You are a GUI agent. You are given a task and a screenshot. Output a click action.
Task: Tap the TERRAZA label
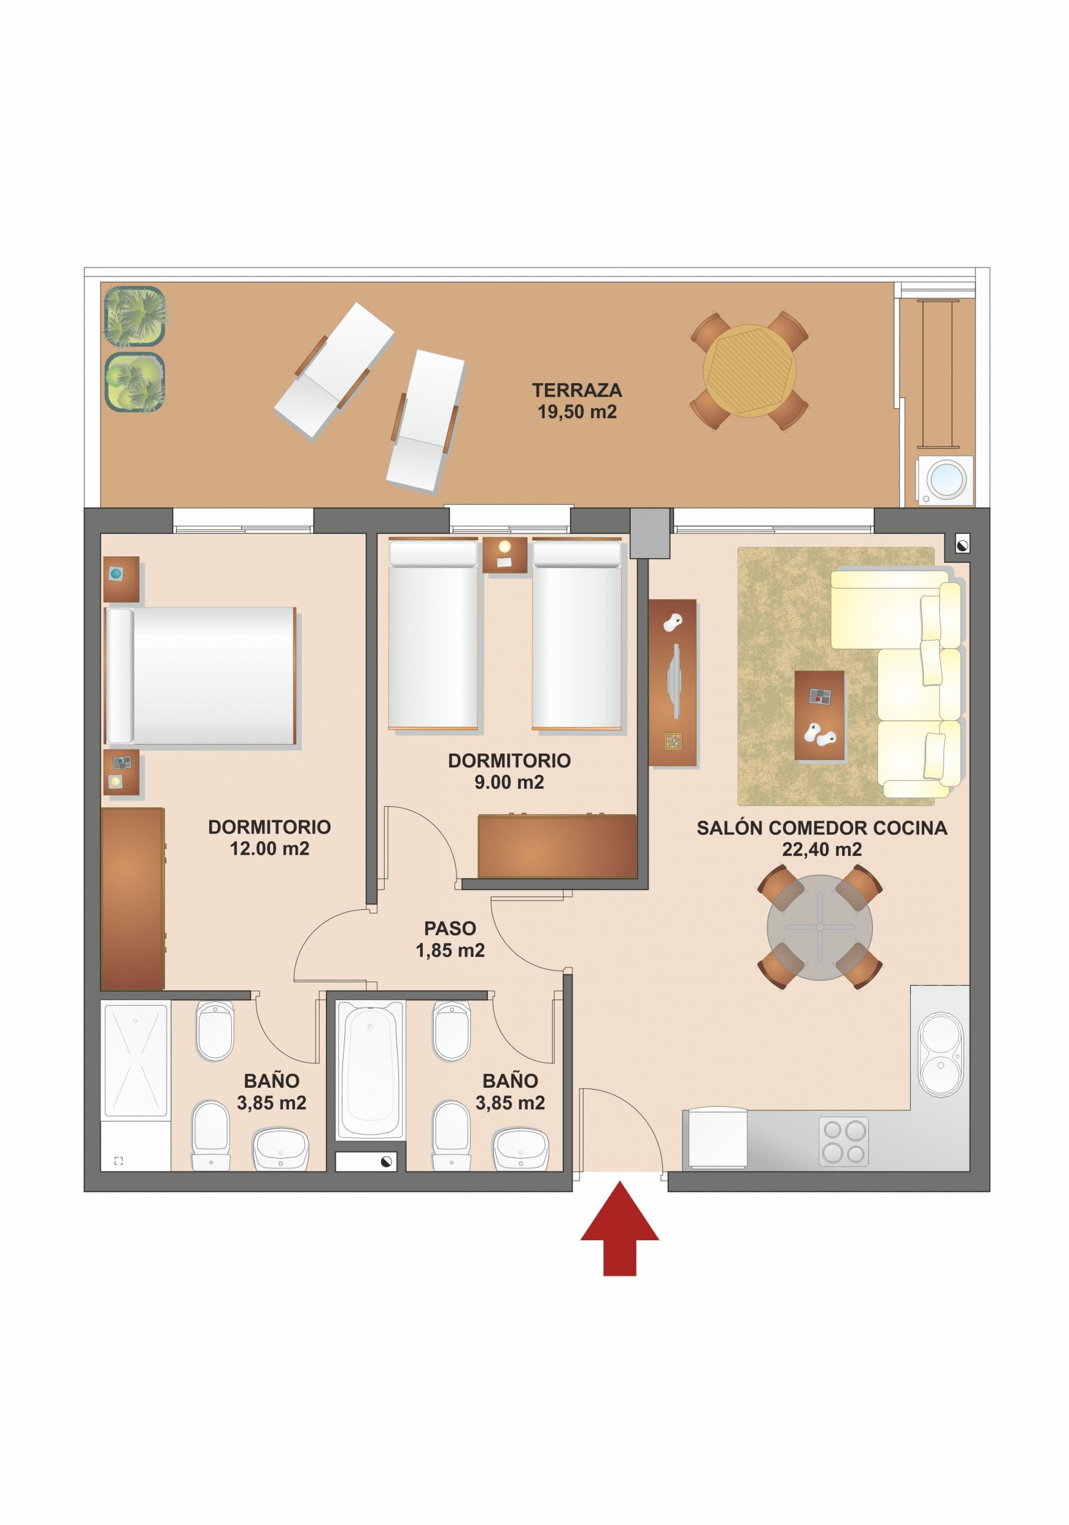point(576,390)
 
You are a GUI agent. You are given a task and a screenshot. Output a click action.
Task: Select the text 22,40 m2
point(821,849)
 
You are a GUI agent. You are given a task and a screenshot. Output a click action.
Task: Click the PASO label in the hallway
point(450,929)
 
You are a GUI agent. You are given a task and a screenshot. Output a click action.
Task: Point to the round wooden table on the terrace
point(749,371)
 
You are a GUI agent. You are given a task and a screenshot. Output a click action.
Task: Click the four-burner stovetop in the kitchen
point(843,1141)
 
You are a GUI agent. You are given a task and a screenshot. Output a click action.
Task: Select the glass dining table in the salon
point(819,928)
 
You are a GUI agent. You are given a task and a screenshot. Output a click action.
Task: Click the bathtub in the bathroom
point(370,1070)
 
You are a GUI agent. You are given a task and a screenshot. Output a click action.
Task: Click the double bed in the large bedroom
point(201,676)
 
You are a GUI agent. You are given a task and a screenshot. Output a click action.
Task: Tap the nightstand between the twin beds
point(504,555)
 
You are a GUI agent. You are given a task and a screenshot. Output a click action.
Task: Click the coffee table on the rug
point(819,715)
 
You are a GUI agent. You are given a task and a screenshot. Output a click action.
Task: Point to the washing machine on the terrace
point(946,479)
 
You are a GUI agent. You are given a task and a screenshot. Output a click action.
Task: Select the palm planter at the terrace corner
point(135,316)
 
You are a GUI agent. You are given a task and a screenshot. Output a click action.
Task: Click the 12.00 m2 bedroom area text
point(269,849)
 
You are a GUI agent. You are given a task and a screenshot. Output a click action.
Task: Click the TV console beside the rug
point(672,683)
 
